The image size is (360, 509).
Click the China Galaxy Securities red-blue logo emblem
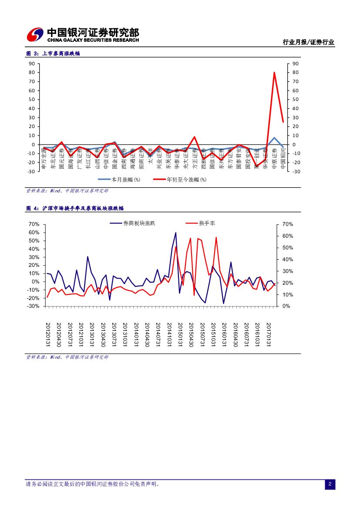35,34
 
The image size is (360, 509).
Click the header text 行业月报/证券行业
308,42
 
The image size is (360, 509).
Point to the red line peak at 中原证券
274,73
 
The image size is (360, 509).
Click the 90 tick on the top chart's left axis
32,64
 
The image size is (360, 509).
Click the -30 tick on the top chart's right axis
296,172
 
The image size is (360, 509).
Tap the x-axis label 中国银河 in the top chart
283,158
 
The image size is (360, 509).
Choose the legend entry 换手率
207,223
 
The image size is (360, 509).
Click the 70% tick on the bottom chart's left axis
34,224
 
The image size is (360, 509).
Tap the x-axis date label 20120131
48,335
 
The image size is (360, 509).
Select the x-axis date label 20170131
269,335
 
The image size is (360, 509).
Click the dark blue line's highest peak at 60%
176,233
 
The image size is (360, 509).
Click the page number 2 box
330,484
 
